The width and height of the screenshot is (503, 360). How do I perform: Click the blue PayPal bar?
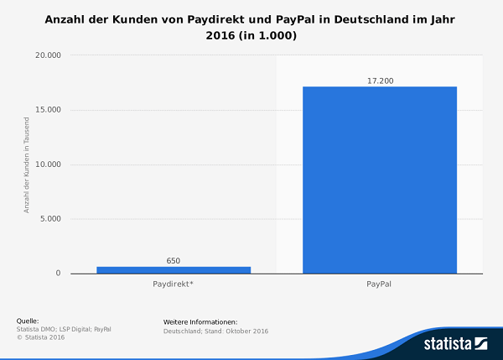(x=379, y=180)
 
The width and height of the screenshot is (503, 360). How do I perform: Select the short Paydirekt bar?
(x=174, y=269)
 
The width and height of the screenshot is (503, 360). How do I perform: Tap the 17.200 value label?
(x=380, y=81)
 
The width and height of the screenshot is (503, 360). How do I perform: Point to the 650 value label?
(x=174, y=260)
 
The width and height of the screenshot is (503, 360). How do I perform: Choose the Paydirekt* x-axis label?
(x=174, y=285)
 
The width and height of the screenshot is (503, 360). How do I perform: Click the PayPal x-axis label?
(x=379, y=285)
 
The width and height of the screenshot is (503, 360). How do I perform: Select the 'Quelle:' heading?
(x=28, y=321)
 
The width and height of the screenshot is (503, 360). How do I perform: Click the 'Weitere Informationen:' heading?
(x=200, y=321)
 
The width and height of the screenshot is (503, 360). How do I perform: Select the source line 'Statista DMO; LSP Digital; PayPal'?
(x=64, y=329)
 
